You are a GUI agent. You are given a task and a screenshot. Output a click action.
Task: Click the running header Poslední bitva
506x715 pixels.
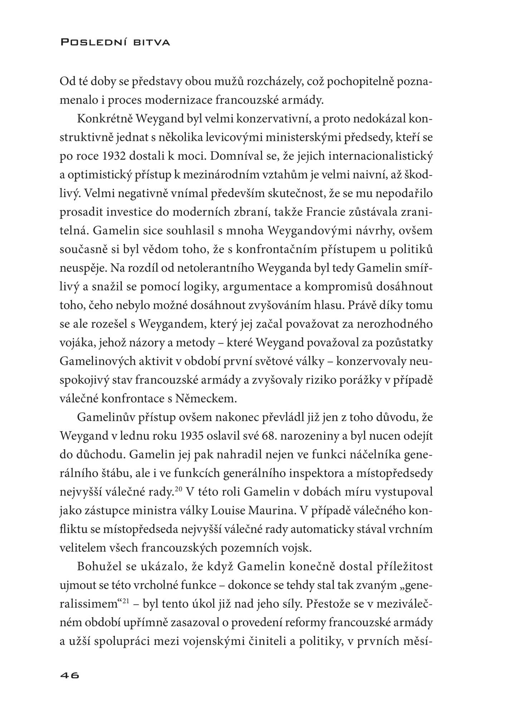click(115, 43)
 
